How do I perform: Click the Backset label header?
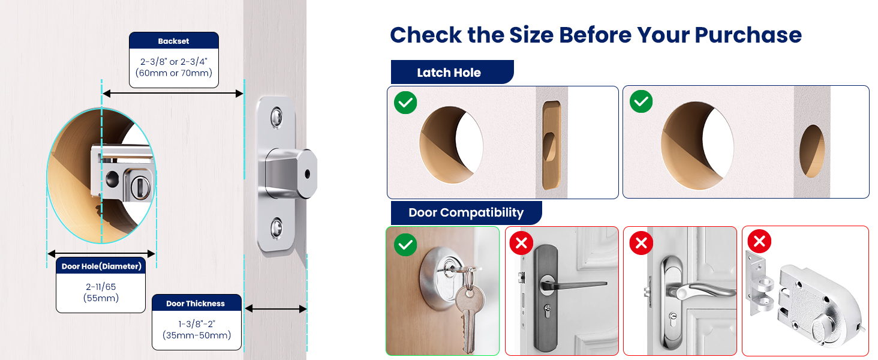coord(173,41)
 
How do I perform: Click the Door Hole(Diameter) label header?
coord(101,266)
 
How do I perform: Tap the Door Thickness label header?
coord(196,303)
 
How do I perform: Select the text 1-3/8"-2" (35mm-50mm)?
coord(196,330)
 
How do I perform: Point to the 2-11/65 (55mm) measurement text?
coord(101,293)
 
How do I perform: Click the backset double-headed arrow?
coord(173,93)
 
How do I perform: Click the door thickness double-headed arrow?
coord(276,309)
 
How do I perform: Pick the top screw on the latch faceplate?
coord(276,116)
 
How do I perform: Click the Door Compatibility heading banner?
coord(465,212)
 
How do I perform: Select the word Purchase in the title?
coord(748,35)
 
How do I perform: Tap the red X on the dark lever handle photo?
coord(521,243)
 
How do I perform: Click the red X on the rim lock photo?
coord(759,242)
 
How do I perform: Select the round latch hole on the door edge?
coord(812,151)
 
